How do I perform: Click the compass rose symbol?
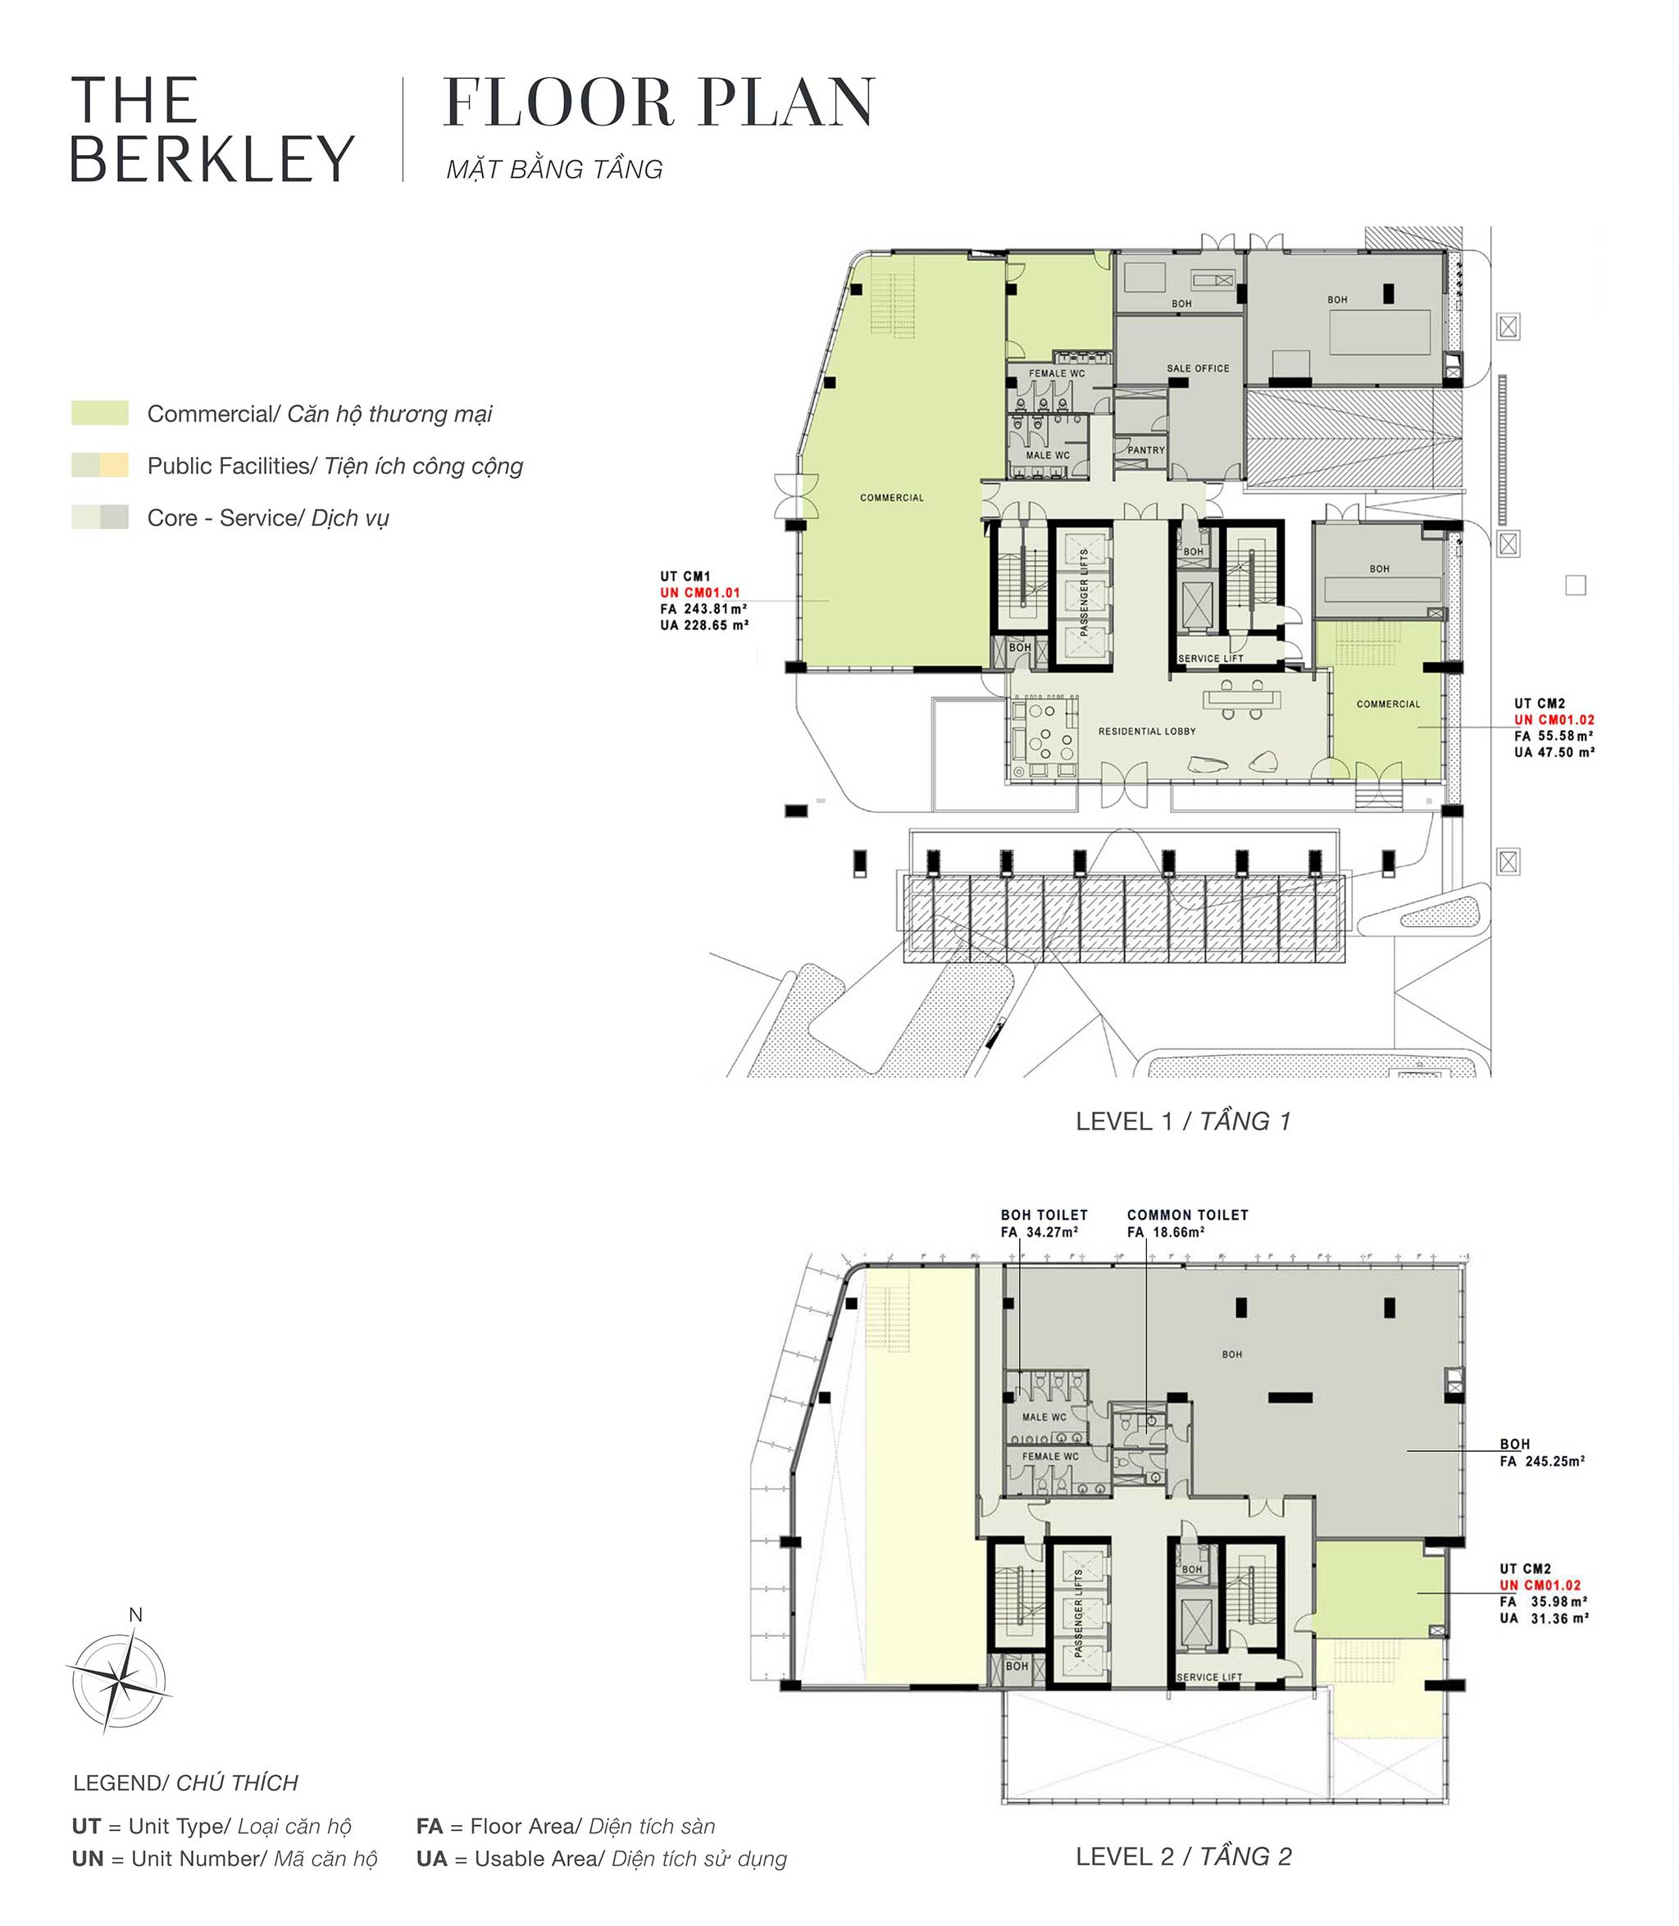119,1681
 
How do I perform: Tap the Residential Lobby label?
1147,731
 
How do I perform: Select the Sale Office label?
1198,368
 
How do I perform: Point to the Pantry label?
1146,450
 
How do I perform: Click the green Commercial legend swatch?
100,413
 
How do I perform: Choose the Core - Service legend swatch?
100,518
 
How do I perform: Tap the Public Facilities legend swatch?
100,465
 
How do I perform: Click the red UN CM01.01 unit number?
700,593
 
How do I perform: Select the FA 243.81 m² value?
703,609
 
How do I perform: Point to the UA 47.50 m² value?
1554,752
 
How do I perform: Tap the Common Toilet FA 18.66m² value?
1166,1231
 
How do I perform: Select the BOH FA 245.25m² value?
1542,1460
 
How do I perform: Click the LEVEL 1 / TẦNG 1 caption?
1183,1121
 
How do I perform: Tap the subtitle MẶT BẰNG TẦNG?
555,170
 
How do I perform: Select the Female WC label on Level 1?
1057,373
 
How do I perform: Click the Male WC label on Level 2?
1044,1417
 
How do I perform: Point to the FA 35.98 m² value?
1543,1602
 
